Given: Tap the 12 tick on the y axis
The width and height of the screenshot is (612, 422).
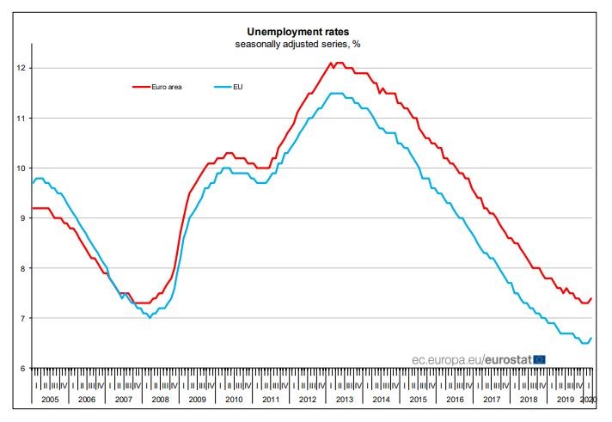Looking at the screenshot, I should [x=21, y=68].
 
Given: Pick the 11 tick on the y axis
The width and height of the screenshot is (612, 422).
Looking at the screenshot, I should [x=21, y=118].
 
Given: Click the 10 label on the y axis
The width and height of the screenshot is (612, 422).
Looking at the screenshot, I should [x=21, y=168].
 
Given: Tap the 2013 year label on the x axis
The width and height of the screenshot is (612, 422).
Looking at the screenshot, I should [x=343, y=401].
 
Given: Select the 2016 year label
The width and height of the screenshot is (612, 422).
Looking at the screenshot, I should [x=455, y=401].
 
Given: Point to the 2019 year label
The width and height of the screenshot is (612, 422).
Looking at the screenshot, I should [x=566, y=401].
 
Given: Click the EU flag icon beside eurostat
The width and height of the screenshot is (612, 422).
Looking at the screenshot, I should [x=540, y=358].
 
